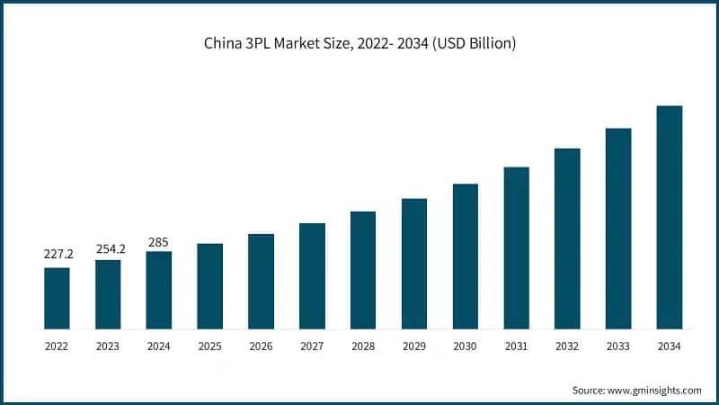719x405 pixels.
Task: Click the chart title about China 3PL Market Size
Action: pyautogui.click(x=359, y=43)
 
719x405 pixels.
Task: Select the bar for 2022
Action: pyautogui.click(x=57, y=298)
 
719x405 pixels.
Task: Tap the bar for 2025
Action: pyautogui.click(x=209, y=286)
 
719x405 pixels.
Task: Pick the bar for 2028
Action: pyautogui.click(x=363, y=270)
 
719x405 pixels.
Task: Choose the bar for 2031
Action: pyautogui.click(x=516, y=247)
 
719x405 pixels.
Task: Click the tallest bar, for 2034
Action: pyautogui.click(x=670, y=217)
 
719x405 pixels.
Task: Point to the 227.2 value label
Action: pyautogui.click(x=57, y=255)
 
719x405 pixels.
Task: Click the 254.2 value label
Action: pyautogui.click(x=108, y=247)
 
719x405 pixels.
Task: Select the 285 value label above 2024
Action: pyautogui.click(x=158, y=242)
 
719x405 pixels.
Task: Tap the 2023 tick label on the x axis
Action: pyautogui.click(x=108, y=345)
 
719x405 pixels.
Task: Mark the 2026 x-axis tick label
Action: pyautogui.click(x=261, y=345)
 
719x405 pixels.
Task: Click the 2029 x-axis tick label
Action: pyautogui.click(x=414, y=345)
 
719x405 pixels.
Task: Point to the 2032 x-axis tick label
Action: pyautogui.click(x=567, y=345)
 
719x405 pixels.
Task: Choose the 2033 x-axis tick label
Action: pyautogui.click(x=618, y=345)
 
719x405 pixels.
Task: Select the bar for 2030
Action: pyautogui.click(x=465, y=256)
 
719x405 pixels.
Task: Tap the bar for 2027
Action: pyautogui.click(x=312, y=275)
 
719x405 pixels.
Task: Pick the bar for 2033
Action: pyautogui.click(x=618, y=229)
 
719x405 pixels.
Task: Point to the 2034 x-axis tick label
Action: pyautogui.click(x=670, y=345)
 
